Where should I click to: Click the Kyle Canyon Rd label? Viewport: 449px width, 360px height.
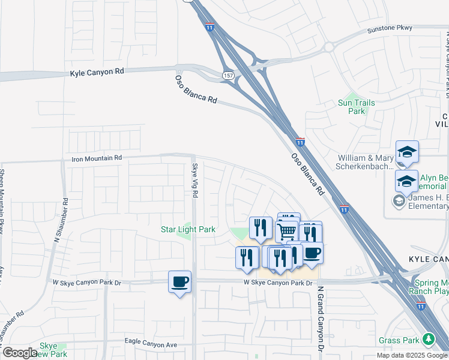click(97, 71)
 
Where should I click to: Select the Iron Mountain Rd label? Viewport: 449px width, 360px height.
click(97, 158)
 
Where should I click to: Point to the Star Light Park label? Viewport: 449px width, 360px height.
click(188, 229)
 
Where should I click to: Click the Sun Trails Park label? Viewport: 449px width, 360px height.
click(357, 107)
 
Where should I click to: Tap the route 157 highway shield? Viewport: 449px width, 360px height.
click(228, 76)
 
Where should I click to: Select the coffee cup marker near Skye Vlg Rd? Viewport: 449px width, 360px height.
click(179, 281)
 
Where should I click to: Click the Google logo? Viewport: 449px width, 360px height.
click(19, 353)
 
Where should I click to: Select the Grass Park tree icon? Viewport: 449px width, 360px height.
click(428, 340)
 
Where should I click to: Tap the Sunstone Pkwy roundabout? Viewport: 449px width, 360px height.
click(328, 47)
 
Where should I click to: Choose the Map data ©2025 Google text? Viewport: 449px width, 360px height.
click(412, 355)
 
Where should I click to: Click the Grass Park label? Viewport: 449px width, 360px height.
click(399, 340)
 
